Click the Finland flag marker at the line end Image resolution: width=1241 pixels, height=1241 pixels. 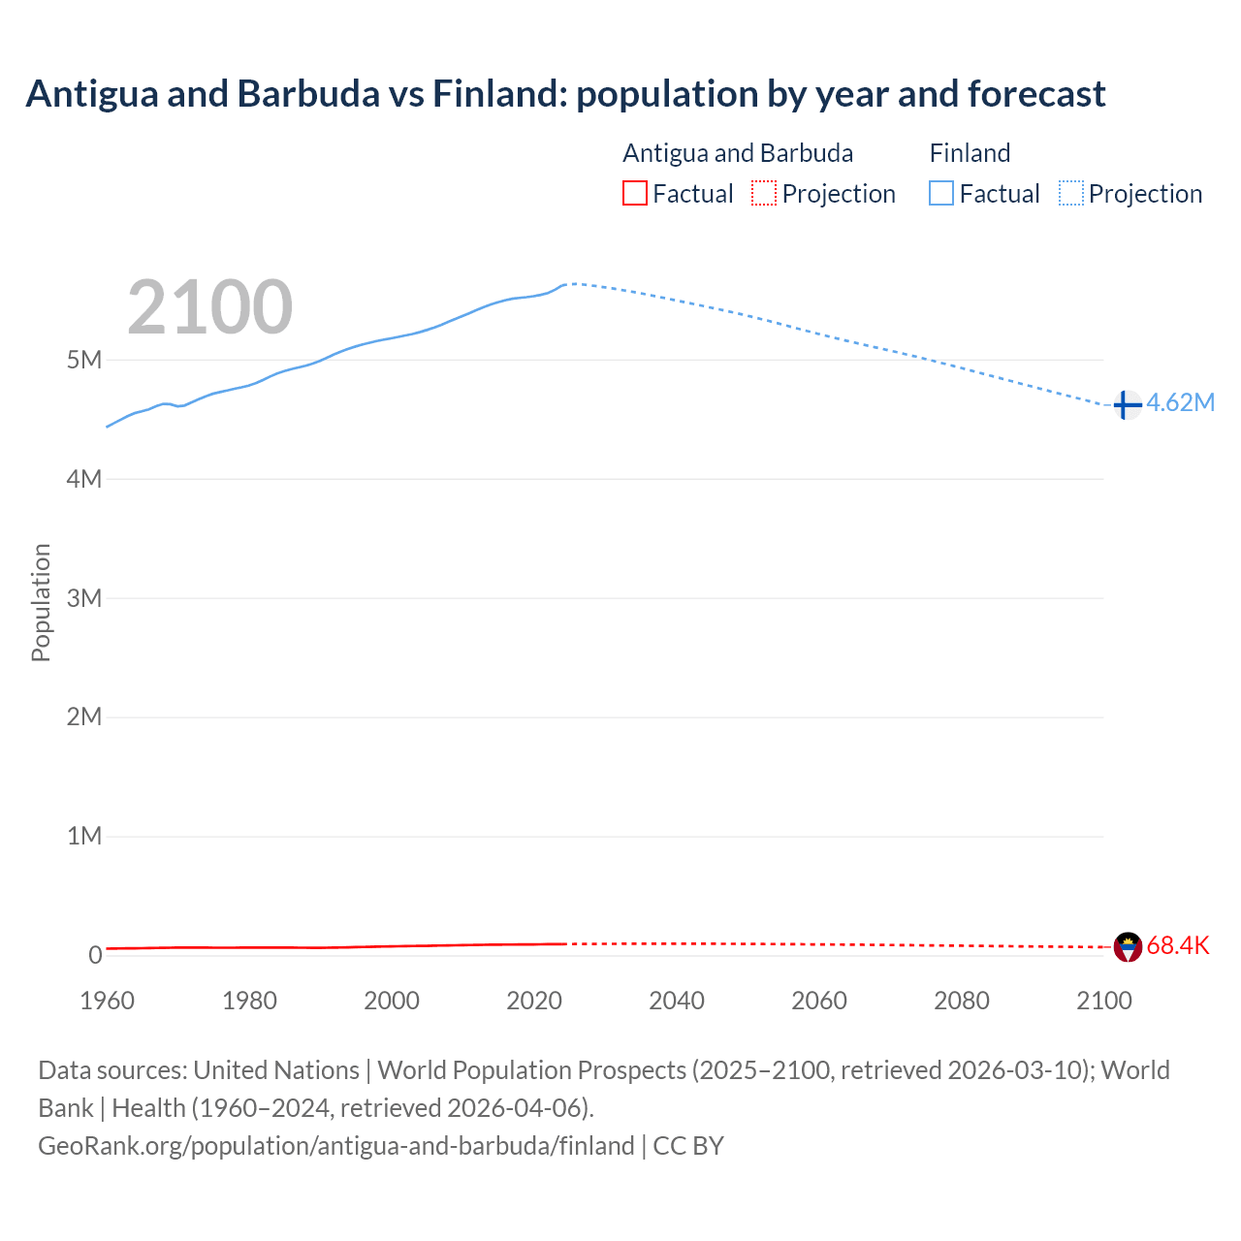1126,404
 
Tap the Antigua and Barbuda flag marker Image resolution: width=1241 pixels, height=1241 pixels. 1128,946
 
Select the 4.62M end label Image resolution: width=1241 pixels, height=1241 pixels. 1180,403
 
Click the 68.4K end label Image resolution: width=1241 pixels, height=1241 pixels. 1178,946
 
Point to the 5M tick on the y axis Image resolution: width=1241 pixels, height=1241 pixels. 84,361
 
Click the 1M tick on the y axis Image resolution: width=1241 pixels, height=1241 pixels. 84,837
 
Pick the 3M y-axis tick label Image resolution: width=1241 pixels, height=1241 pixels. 84,598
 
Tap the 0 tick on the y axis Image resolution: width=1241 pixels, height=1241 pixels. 95,956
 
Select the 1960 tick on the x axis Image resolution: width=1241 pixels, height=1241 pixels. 108,1002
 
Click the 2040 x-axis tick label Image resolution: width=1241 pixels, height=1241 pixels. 677,1002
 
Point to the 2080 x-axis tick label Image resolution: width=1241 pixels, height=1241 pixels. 962,1002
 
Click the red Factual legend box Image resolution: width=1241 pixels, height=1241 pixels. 635,194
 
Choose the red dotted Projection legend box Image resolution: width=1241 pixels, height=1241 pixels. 764,194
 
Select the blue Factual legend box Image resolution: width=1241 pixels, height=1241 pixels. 941,194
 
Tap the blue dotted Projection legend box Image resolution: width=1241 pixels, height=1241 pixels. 1071,194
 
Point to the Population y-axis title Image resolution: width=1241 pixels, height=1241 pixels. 41,602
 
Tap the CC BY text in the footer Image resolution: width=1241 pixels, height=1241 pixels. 688,1146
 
